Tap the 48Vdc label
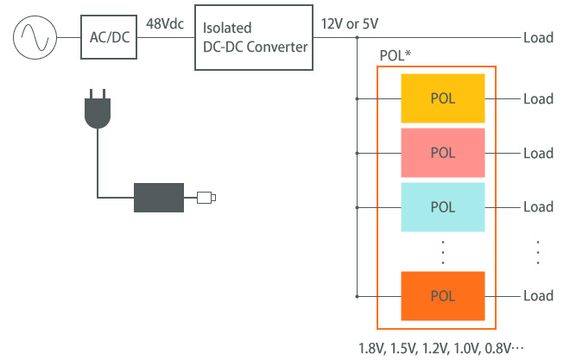coord(164,23)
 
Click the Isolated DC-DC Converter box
coord(253,38)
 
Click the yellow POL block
coord(442,98)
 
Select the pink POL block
coord(442,153)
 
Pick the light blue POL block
coord(442,206)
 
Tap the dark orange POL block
coord(442,295)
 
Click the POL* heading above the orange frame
coord(395,54)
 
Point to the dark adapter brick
coord(159,198)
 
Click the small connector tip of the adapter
coord(206,198)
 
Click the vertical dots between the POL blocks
coord(442,251)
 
